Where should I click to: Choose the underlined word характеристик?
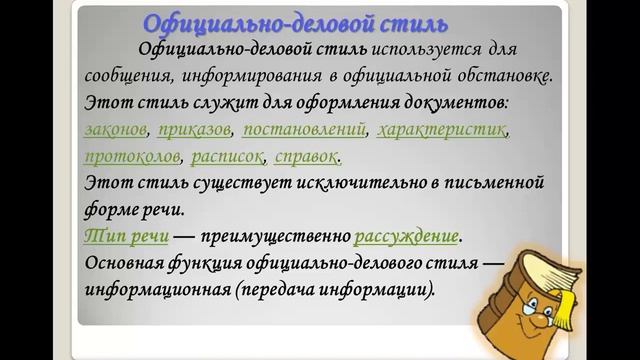tap(444, 130)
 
